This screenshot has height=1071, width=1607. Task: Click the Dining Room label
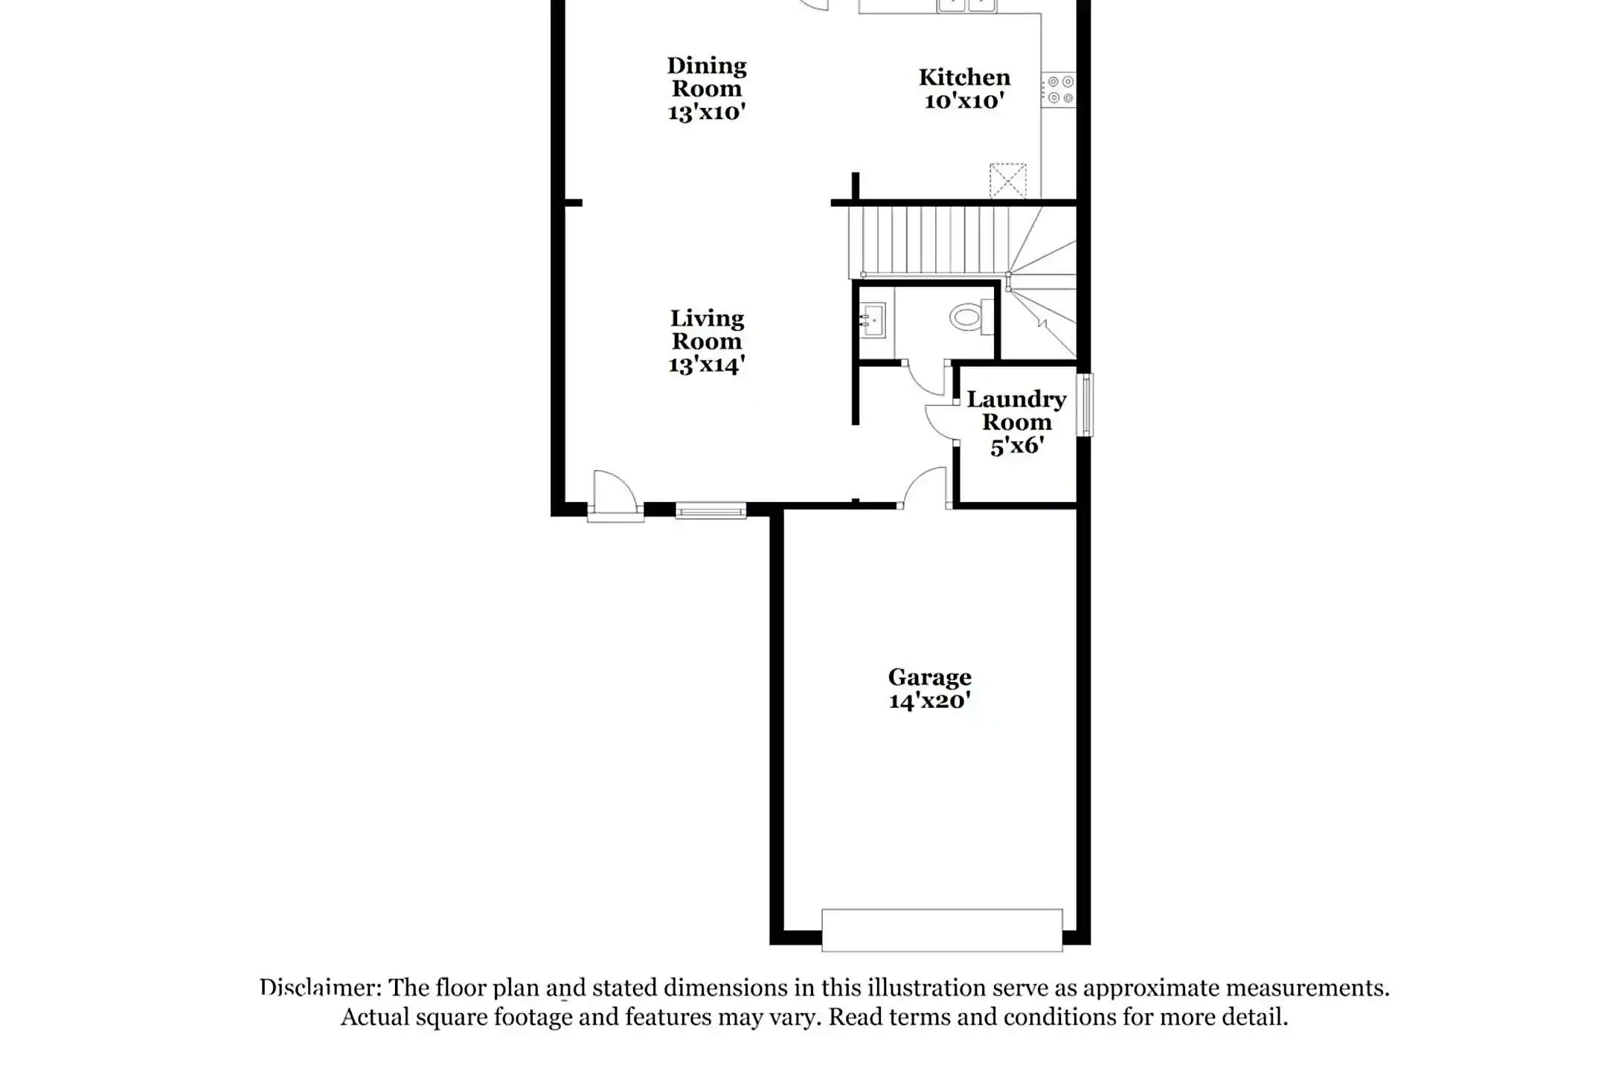(x=706, y=77)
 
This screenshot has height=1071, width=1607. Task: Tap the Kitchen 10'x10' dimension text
(x=964, y=100)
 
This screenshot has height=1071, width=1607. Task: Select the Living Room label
(x=706, y=329)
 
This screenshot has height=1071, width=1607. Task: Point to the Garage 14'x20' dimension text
(x=929, y=701)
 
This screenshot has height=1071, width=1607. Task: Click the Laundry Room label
(x=1016, y=411)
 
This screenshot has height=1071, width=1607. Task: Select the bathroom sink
(x=872, y=321)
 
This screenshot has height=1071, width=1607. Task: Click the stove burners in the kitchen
(x=1059, y=89)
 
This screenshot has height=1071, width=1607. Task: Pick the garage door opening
(x=942, y=930)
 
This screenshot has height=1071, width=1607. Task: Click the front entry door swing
(x=615, y=492)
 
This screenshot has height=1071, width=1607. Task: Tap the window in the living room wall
(x=711, y=510)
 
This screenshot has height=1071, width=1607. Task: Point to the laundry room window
(x=1085, y=405)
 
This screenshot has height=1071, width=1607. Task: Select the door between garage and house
(x=925, y=488)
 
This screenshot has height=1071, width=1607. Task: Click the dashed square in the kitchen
(x=1007, y=181)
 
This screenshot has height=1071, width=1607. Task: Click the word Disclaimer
(x=320, y=988)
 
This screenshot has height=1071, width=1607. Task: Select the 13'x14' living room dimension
(x=706, y=365)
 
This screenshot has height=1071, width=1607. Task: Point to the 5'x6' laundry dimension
(x=1016, y=446)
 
